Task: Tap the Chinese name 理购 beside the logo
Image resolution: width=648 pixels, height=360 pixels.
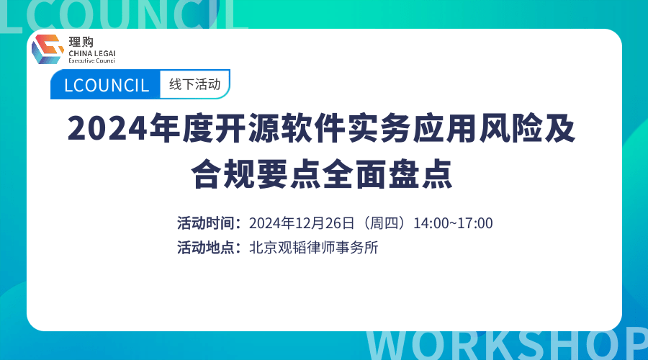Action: pos(81,42)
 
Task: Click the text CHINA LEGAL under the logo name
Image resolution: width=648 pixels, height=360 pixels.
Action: pos(92,53)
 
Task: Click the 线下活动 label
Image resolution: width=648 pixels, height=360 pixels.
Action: pos(194,84)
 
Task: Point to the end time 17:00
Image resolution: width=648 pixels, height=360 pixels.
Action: pos(475,222)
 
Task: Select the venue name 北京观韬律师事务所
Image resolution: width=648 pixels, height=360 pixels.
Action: pos(313,248)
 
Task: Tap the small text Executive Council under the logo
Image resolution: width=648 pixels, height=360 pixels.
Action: pos(91,60)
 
